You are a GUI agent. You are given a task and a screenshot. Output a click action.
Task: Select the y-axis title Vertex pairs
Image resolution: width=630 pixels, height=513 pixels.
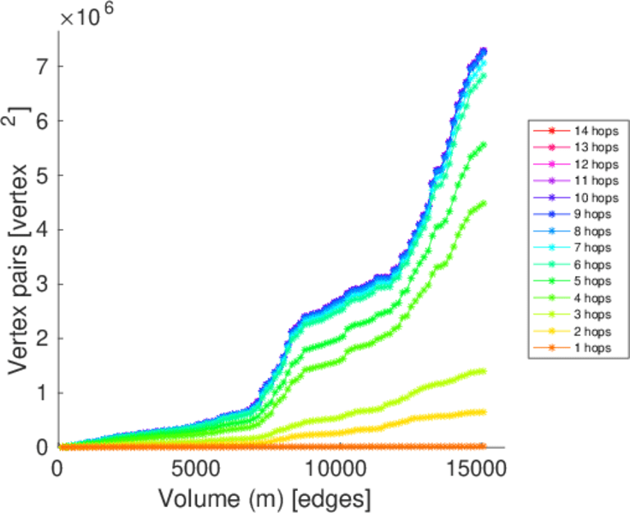tap(19, 239)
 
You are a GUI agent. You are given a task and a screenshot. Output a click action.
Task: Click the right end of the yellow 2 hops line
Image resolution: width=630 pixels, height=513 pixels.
tap(484, 412)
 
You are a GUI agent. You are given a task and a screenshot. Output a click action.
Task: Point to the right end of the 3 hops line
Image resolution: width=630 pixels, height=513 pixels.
tap(484, 371)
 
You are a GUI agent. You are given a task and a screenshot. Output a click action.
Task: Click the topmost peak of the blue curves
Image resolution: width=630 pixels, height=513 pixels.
tap(484, 50)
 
